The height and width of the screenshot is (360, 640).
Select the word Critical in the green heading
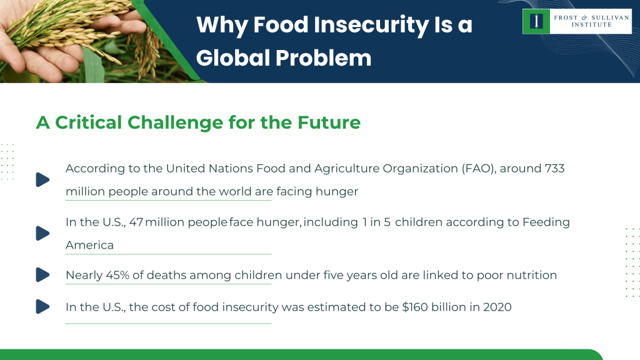[x=89, y=122]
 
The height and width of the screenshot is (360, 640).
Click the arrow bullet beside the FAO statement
[x=42, y=179]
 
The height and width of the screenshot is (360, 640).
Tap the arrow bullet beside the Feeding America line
[x=42, y=233]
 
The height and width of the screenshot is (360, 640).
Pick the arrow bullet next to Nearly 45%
[x=42, y=274]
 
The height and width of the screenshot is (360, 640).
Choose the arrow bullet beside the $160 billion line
[x=42, y=306]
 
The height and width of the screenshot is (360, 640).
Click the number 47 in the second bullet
[x=136, y=222]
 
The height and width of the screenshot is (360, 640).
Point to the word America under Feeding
[x=89, y=245]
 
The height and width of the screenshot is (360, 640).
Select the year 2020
[x=496, y=307]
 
